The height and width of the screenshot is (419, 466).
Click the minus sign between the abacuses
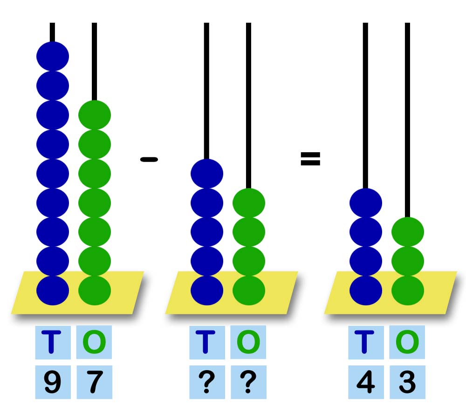[x=149, y=160]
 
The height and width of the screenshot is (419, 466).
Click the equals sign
[x=310, y=159]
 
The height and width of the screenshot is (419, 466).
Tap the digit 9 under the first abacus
[x=53, y=383]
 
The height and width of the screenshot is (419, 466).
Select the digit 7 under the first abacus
[x=95, y=383]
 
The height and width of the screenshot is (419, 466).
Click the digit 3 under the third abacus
[x=407, y=383]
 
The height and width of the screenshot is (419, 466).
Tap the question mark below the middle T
[x=207, y=383]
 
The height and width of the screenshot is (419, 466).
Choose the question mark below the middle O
[x=248, y=383]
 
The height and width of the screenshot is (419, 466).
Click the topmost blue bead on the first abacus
[x=53, y=56]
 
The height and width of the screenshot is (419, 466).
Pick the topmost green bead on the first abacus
[x=95, y=115]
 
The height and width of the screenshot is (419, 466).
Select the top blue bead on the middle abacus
[x=207, y=174]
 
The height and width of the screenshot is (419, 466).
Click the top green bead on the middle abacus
[x=248, y=203]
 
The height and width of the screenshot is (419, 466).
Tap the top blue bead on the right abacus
[x=366, y=203]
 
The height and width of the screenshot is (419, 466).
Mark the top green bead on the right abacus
[x=407, y=232]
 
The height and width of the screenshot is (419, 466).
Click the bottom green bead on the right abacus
[x=407, y=290]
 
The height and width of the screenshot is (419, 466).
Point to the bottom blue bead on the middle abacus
[x=207, y=290]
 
